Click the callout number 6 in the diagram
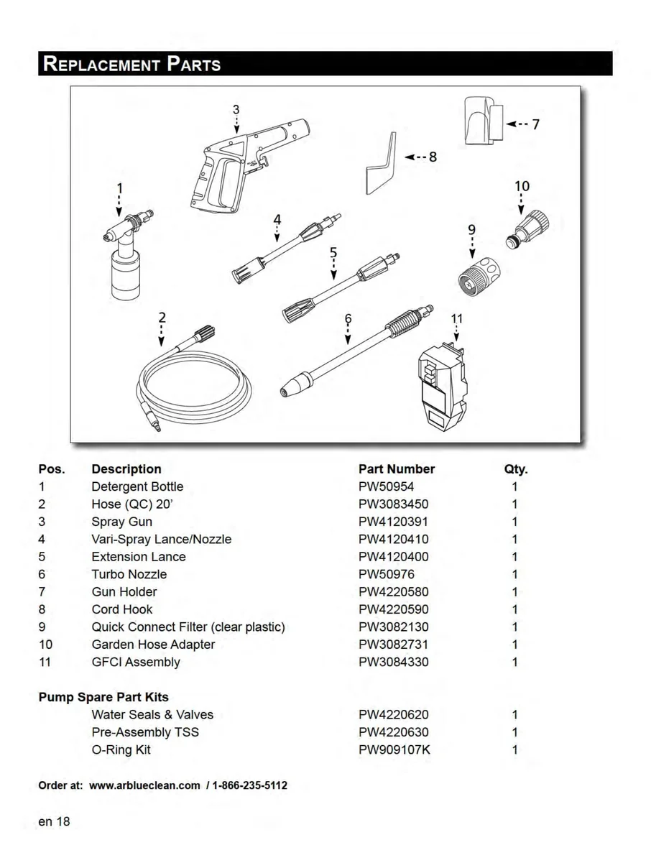click(x=348, y=318)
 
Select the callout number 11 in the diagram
click(x=457, y=318)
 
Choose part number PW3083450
click(x=393, y=504)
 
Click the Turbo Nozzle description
click(x=129, y=574)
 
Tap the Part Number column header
click(x=397, y=469)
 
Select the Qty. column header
click(x=516, y=469)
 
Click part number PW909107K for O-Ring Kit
click(x=394, y=750)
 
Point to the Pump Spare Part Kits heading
click(x=103, y=697)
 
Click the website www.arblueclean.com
click(x=144, y=785)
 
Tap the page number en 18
click(x=54, y=821)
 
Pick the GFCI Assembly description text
click(x=136, y=662)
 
